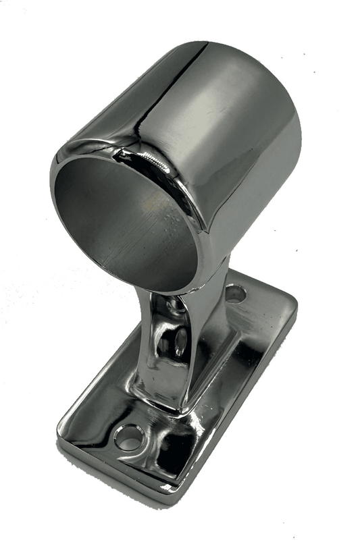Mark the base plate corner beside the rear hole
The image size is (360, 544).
(292, 302)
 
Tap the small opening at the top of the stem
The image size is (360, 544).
(177, 307)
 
